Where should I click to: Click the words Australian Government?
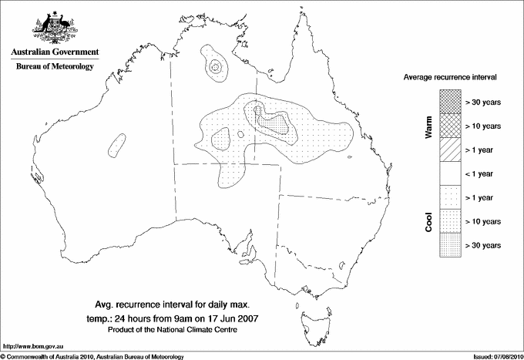click(55, 53)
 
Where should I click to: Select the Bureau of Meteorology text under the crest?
click(55, 67)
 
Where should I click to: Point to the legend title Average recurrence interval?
click(455, 78)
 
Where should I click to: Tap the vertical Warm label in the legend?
click(429, 127)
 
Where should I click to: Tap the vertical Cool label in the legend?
click(429, 221)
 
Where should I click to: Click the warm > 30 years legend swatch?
click(449, 101)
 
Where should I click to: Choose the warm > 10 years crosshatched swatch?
click(449, 125)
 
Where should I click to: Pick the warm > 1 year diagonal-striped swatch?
click(449, 149)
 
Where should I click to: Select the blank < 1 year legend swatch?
click(449, 173)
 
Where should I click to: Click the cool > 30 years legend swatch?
click(449, 244)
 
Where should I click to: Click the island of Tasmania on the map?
click(312, 315)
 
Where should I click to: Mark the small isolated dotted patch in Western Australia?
click(116, 145)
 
